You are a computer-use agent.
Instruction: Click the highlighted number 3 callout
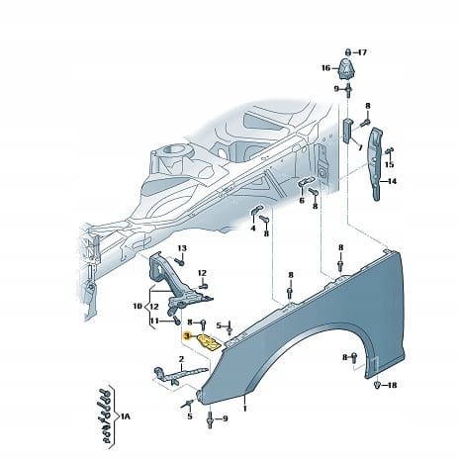point(187,336)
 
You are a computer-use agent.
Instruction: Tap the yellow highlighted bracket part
point(209,342)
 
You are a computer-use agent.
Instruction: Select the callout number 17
point(362,52)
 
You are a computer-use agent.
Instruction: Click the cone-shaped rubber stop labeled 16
point(346,68)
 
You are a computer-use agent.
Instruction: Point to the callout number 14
point(392,181)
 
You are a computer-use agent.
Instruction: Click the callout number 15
point(390,164)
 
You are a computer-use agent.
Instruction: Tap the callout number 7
point(360,147)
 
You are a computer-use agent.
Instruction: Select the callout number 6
point(302,200)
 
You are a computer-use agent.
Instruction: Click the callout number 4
point(253,228)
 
